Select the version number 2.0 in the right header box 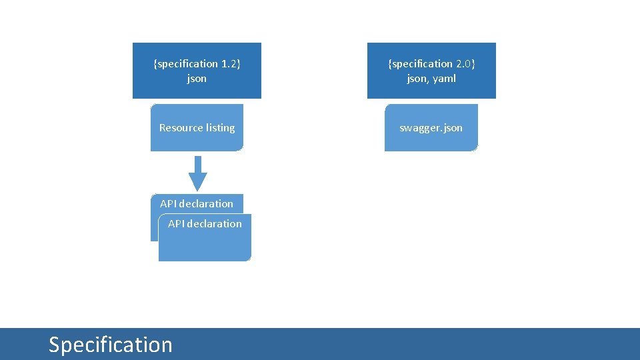pyautogui.click(x=464, y=64)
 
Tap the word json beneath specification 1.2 pyautogui.click(x=197, y=79)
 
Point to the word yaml pyautogui.click(x=443, y=79)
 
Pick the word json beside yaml pyautogui.click(x=417, y=79)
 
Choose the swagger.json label pyautogui.click(x=431, y=127)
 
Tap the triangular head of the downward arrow pyautogui.click(x=198, y=181)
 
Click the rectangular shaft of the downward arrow pyautogui.click(x=198, y=164)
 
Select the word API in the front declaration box pyautogui.click(x=176, y=223)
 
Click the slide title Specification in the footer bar pyautogui.click(x=111, y=345)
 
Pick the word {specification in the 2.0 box pyautogui.click(x=421, y=64)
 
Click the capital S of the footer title pyautogui.click(x=55, y=345)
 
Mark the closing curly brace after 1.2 pyautogui.click(x=239, y=64)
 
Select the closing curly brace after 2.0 pyautogui.click(x=473, y=64)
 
